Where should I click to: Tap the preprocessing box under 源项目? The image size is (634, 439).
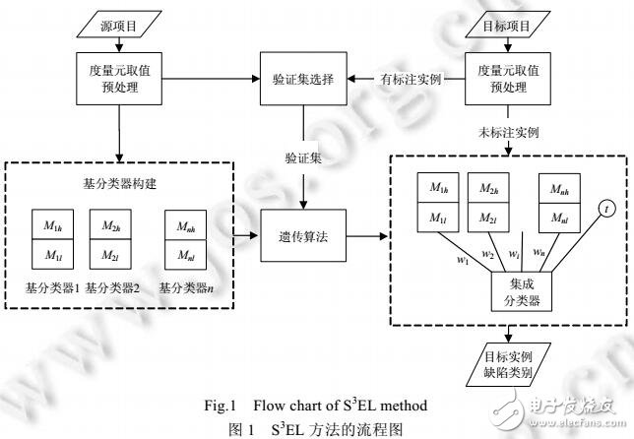tap(121, 78)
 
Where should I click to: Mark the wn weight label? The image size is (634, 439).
tap(539, 253)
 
